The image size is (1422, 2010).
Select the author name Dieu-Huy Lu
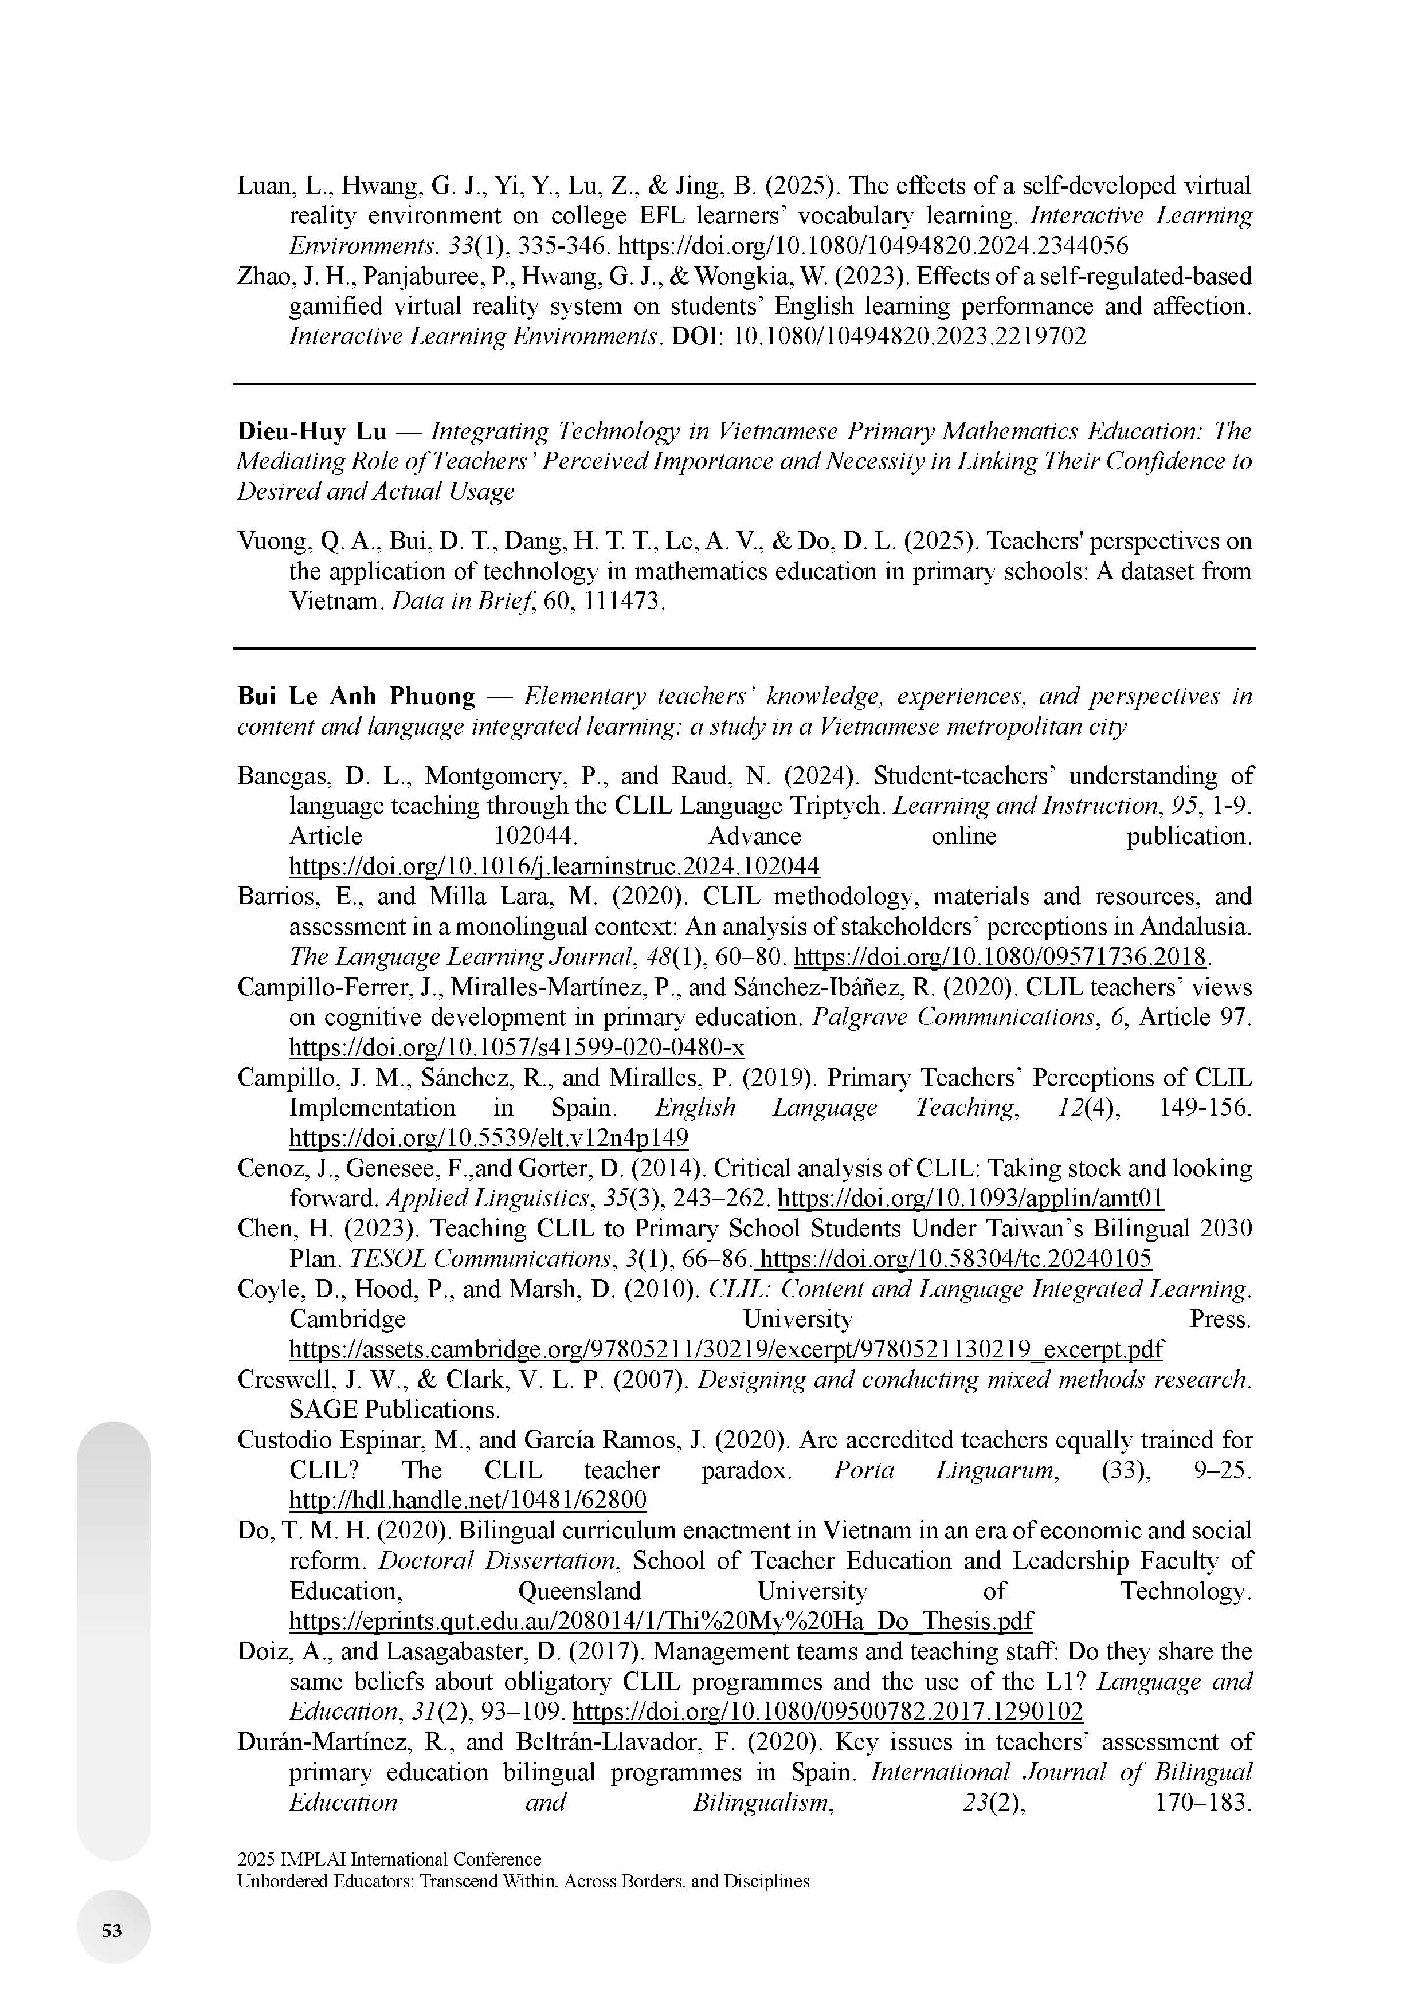[x=312, y=431]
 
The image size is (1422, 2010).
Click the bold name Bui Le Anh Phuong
[x=355, y=697]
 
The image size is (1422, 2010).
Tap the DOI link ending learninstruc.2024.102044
[x=554, y=867]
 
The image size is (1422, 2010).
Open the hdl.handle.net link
[x=468, y=1501]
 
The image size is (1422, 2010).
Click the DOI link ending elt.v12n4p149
[x=488, y=1138]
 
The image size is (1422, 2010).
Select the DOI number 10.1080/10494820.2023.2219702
[x=909, y=336]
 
